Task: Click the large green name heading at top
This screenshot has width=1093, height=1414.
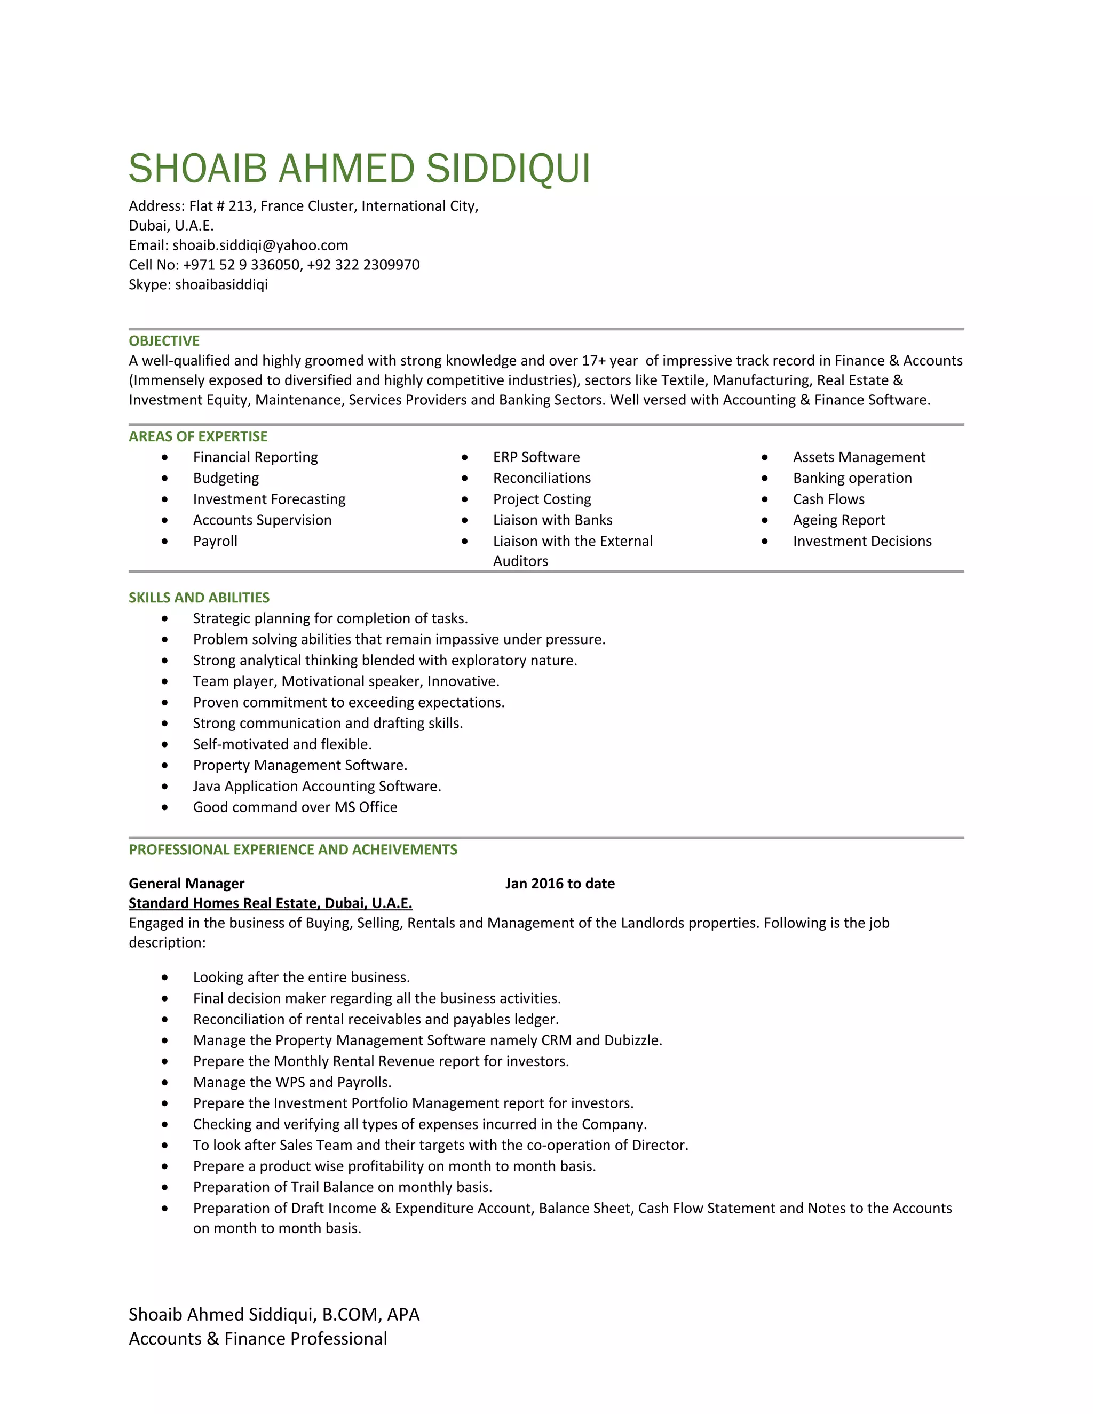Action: pos(359,169)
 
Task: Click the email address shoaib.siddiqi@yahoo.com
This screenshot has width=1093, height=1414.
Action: pos(260,245)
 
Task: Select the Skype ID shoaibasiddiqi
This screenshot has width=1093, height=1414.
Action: pos(221,284)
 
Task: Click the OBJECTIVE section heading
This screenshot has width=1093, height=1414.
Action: pos(164,341)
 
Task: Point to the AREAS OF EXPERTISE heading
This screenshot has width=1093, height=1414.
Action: pos(197,436)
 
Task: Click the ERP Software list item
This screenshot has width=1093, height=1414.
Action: pos(536,457)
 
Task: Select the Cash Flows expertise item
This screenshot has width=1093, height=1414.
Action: pos(828,499)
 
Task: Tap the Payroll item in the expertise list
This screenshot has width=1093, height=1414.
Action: pos(215,541)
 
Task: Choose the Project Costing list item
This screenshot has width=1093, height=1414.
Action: pos(542,499)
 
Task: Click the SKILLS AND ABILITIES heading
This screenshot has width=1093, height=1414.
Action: pos(199,598)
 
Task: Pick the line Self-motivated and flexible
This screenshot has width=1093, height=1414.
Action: pos(282,744)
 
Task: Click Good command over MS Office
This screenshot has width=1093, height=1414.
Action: pos(295,807)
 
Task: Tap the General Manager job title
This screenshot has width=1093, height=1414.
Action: pos(186,884)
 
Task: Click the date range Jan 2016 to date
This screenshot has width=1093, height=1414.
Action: pos(559,884)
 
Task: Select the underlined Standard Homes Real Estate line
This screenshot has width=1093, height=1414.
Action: pos(270,903)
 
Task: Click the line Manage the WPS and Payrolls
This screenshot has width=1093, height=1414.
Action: pos(292,1083)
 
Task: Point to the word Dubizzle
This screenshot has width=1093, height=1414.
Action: pos(632,1040)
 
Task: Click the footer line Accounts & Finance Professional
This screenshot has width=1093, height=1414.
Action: pos(258,1339)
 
